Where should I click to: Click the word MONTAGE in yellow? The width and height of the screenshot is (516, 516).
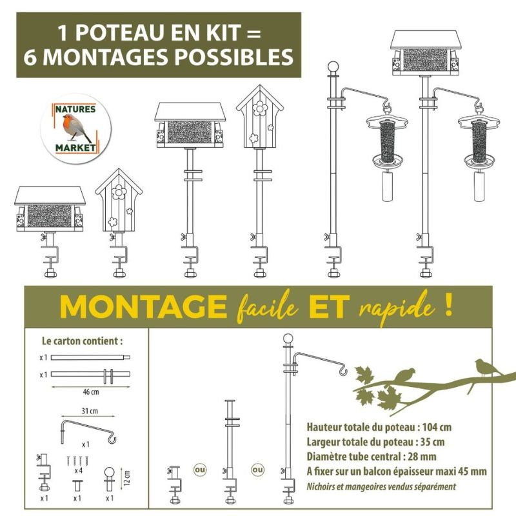click(x=143, y=306)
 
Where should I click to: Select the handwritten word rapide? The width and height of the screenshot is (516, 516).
click(x=396, y=306)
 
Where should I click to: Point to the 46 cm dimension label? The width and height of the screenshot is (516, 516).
click(x=91, y=392)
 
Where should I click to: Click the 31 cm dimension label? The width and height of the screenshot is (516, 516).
click(x=90, y=411)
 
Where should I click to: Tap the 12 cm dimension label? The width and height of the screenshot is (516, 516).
click(x=127, y=477)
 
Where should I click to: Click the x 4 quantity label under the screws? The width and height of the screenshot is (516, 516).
click(x=78, y=471)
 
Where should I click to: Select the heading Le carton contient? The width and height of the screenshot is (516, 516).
click(x=83, y=341)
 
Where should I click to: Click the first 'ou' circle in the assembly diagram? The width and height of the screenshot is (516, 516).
click(x=199, y=470)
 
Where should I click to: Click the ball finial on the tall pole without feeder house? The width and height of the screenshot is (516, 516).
click(x=333, y=66)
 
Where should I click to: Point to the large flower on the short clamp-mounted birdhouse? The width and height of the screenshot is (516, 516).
click(x=118, y=192)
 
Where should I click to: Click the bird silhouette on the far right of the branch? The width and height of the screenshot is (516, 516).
click(x=486, y=368)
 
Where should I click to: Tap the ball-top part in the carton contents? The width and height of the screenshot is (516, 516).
click(x=110, y=479)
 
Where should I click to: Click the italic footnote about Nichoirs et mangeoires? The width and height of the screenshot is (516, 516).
click(x=381, y=486)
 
